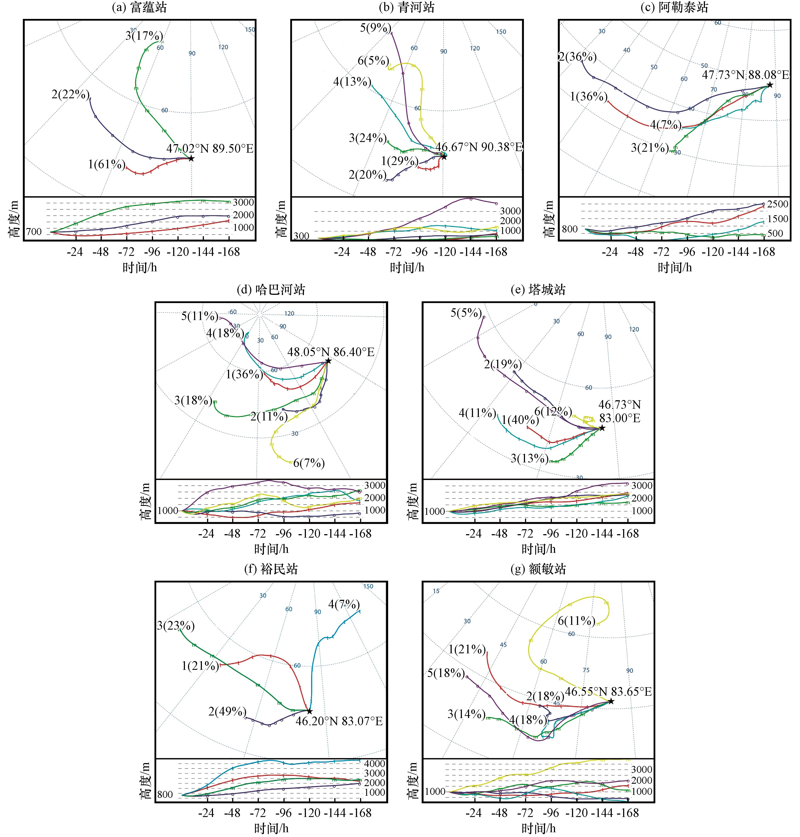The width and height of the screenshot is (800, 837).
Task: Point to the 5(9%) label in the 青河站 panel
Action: tap(375, 28)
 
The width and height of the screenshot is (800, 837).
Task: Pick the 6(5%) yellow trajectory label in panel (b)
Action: tap(373, 60)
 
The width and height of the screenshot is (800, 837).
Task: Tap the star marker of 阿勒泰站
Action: tap(770, 85)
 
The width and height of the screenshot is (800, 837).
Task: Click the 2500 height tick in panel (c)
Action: tap(777, 204)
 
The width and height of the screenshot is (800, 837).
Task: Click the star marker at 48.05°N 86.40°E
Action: tap(328, 361)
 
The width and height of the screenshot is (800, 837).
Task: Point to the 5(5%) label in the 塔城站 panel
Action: tap(466, 313)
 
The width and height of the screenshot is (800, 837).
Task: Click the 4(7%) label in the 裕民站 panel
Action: tap(344, 604)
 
